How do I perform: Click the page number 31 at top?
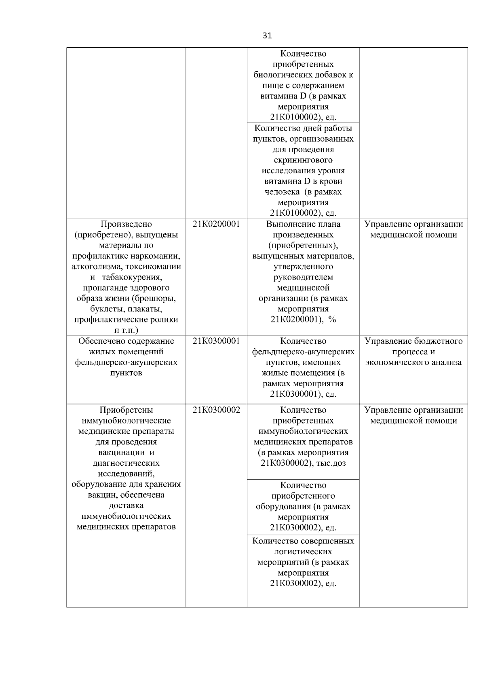(x=267, y=36)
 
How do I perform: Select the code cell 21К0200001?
(x=216, y=224)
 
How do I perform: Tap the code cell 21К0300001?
(x=216, y=341)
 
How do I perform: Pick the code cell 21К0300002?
(x=216, y=410)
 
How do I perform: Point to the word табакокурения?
(x=132, y=278)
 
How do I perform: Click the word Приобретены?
(x=126, y=410)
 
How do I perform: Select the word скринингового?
(x=303, y=160)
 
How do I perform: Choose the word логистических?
(x=303, y=552)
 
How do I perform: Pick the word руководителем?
(x=303, y=278)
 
